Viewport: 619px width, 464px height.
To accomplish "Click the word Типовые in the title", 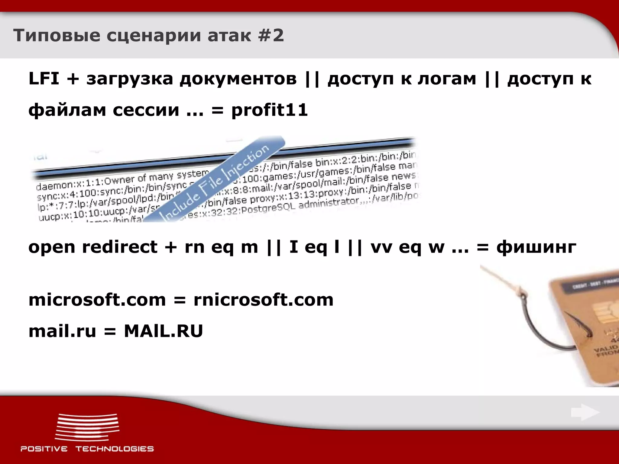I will pos(57,36).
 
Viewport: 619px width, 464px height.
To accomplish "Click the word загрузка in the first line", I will pos(130,79).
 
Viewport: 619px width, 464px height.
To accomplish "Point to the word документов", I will pos(238,79).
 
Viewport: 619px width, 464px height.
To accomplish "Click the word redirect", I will pos(120,247).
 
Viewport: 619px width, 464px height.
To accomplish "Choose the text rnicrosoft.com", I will pos(263,300).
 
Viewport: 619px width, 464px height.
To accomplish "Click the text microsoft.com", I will pos(97,300).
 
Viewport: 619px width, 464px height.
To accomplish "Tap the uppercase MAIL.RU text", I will pos(163,331).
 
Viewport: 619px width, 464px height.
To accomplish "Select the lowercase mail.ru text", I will pos(62,331).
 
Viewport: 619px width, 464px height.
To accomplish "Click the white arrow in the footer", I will pos(585,412).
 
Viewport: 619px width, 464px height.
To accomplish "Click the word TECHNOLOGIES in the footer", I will pos(115,449).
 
